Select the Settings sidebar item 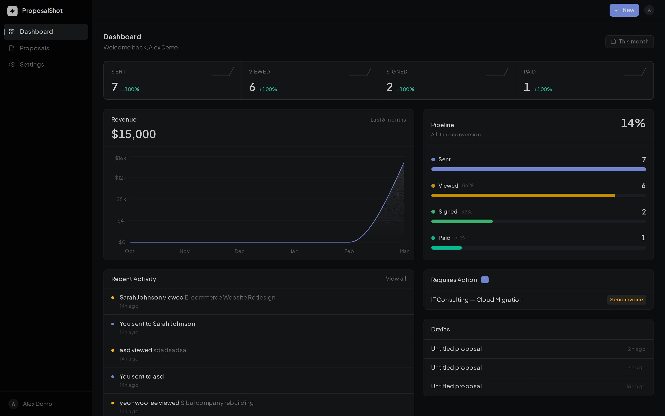[x=32, y=64]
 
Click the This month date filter [x=629, y=42]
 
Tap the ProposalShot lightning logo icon [x=12, y=11]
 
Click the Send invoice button [x=626, y=300]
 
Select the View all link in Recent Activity [x=396, y=279]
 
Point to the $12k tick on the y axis [x=120, y=178]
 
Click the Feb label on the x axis [x=349, y=251]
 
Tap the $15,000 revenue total [x=133, y=134]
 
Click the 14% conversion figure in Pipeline [x=633, y=123]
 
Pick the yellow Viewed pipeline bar [x=523, y=196]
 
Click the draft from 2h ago [x=456, y=349]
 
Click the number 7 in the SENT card [x=115, y=87]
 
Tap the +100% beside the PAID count [x=543, y=89]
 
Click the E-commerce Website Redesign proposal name [x=230, y=297]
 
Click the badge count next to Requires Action [x=485, y=280]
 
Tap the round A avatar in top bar [x=649, y=10]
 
